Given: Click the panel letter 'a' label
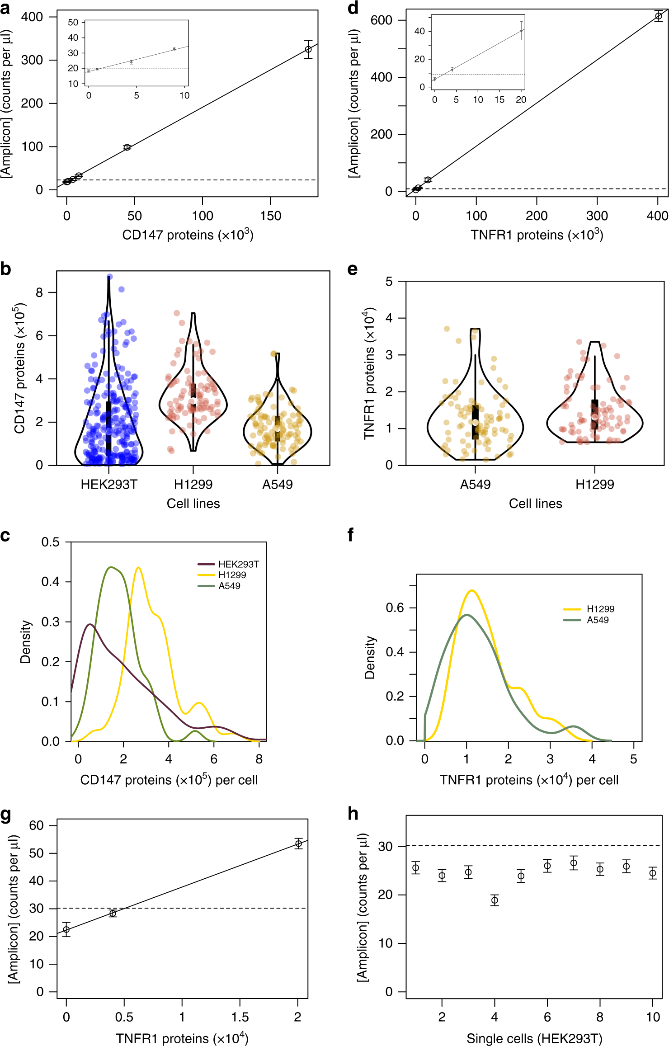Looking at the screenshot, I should (x=5, y=8).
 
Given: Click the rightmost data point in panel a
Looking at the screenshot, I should (x=308, y=49).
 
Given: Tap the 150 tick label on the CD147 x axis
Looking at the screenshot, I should (x=270, y=216).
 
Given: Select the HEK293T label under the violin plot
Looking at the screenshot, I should (x=108, y=485).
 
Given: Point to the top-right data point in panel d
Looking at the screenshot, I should (x=659, y=16).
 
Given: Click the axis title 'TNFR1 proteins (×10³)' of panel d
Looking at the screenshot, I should (x=537, y=235).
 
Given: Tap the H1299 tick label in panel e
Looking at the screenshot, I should (x=594, y=485).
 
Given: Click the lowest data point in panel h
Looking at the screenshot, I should (x=495, y=900).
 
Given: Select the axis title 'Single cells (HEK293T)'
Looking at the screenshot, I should (x=534, y=1038).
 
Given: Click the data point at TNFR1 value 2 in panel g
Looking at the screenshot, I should (x=298, y=843).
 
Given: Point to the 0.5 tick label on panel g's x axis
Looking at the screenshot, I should (x=124, y=1017).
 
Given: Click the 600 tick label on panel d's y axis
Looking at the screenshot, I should (x=382, y=20).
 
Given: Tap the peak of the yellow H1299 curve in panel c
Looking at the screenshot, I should (x=138, y=568).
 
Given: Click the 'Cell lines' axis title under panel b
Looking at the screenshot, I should (x=193, y=504).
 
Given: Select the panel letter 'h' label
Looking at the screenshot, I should (x=353, y=814).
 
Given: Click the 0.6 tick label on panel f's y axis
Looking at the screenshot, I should (x=395, y=608).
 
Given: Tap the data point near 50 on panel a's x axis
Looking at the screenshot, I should (x=127, y=147).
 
